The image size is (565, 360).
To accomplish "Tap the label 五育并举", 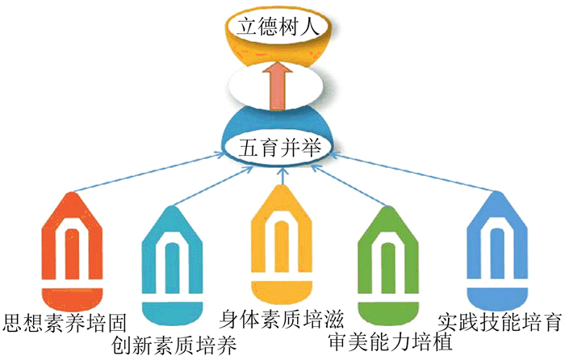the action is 279,149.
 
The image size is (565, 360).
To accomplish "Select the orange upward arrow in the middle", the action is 279,86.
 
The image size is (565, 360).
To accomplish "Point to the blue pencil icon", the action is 495,246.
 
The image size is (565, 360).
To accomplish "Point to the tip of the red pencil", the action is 74,195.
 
